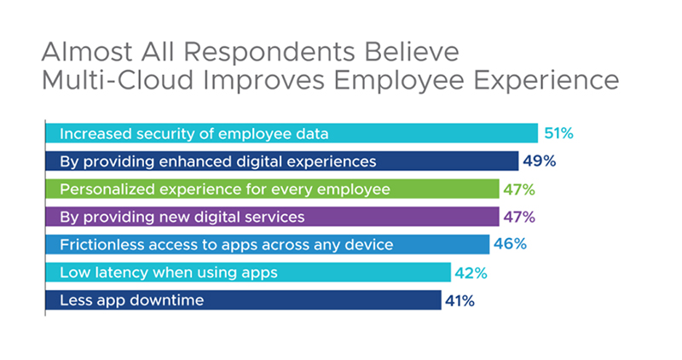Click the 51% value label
point(558,133)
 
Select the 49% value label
point(539,161)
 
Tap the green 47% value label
point(519,189)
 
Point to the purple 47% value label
point(519,217)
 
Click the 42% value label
point(470,273)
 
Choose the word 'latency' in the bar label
point(117,273)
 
